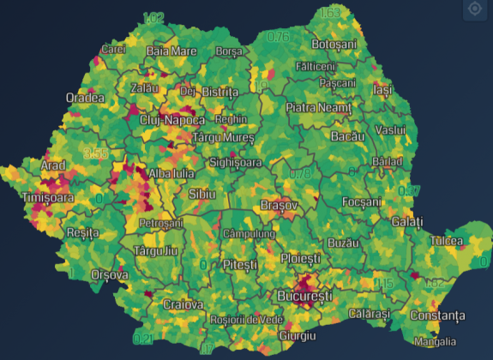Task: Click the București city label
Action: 304,296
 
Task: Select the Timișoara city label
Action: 47,198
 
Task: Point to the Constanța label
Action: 436,316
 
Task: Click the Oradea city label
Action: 85,97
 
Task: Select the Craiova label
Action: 183,304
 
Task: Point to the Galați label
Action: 406,222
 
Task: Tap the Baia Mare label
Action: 171,51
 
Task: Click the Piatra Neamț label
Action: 319,108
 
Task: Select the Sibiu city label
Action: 203,193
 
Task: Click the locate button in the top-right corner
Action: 474,9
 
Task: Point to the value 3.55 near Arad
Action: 96,153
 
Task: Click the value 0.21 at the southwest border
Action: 143,339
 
